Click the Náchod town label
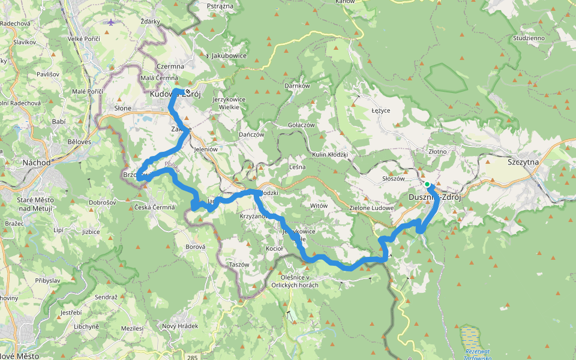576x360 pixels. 35,163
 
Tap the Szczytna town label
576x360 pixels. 523,162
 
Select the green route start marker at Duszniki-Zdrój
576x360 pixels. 427,184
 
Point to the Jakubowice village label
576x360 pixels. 229,56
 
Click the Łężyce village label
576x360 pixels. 381,111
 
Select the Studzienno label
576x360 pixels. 529,38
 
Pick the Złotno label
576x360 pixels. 437,152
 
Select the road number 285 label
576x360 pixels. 192,358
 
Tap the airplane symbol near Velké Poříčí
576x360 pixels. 111,22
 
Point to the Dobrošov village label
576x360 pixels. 102,203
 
